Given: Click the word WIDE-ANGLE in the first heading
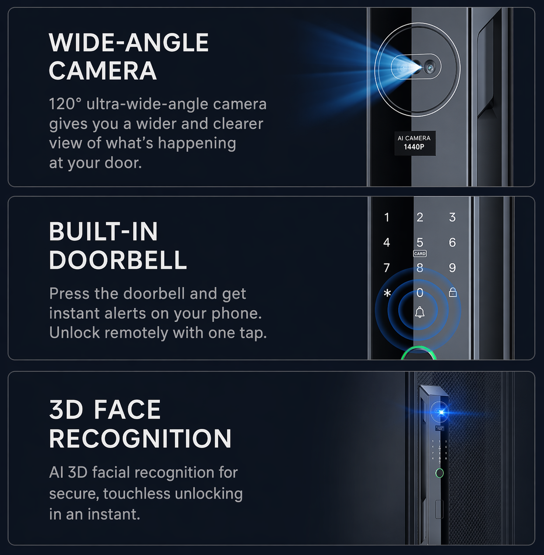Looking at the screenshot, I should pos(129,43).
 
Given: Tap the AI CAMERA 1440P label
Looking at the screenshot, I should pos(414,142).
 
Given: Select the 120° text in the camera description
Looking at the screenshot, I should pos(65,104).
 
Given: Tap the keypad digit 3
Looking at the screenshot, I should pos(452,217).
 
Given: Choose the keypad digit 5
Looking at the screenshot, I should pos(420,242).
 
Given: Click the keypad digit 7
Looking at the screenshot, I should pos(386,267).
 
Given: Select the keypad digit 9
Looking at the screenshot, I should pos(452,267).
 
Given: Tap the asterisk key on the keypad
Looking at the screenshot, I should pos(387,293).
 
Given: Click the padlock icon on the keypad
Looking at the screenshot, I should pos(453,292).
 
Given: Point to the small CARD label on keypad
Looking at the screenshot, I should pos(420,254).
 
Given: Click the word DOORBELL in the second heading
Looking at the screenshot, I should pos(118,260).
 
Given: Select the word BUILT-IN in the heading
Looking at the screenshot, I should pos(103,231).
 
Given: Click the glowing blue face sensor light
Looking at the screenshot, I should pos(441,413).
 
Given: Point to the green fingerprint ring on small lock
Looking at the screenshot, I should pos(439,473).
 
